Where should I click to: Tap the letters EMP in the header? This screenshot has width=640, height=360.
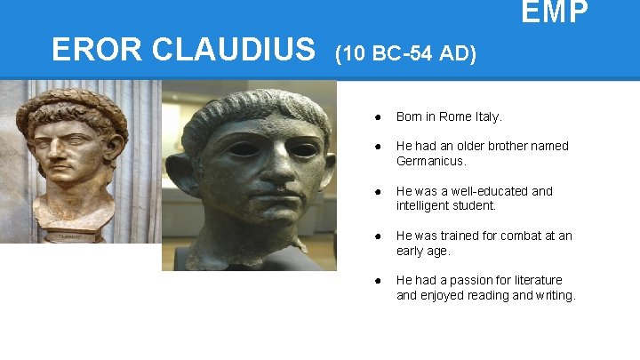click(554, 13)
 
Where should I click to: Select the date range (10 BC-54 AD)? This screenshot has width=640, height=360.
click(405, 54)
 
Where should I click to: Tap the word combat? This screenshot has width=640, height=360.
click(519, 236)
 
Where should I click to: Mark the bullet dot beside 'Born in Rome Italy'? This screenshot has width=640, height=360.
click(379, 116)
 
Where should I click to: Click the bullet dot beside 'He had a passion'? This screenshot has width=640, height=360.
click(379, 281)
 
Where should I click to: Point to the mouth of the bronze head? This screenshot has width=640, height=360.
click(273, 208)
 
